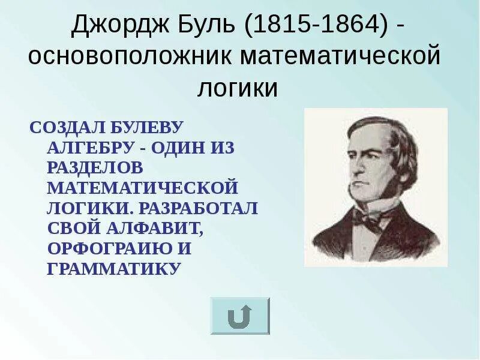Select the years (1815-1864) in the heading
click(316, 26)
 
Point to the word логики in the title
click(238, 88)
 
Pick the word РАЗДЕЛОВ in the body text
click(95, 167)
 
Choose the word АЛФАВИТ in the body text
click(154, 228)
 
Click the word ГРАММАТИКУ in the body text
click(113, 268)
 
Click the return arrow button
click(239, 316)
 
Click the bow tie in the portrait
click(367, 220)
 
